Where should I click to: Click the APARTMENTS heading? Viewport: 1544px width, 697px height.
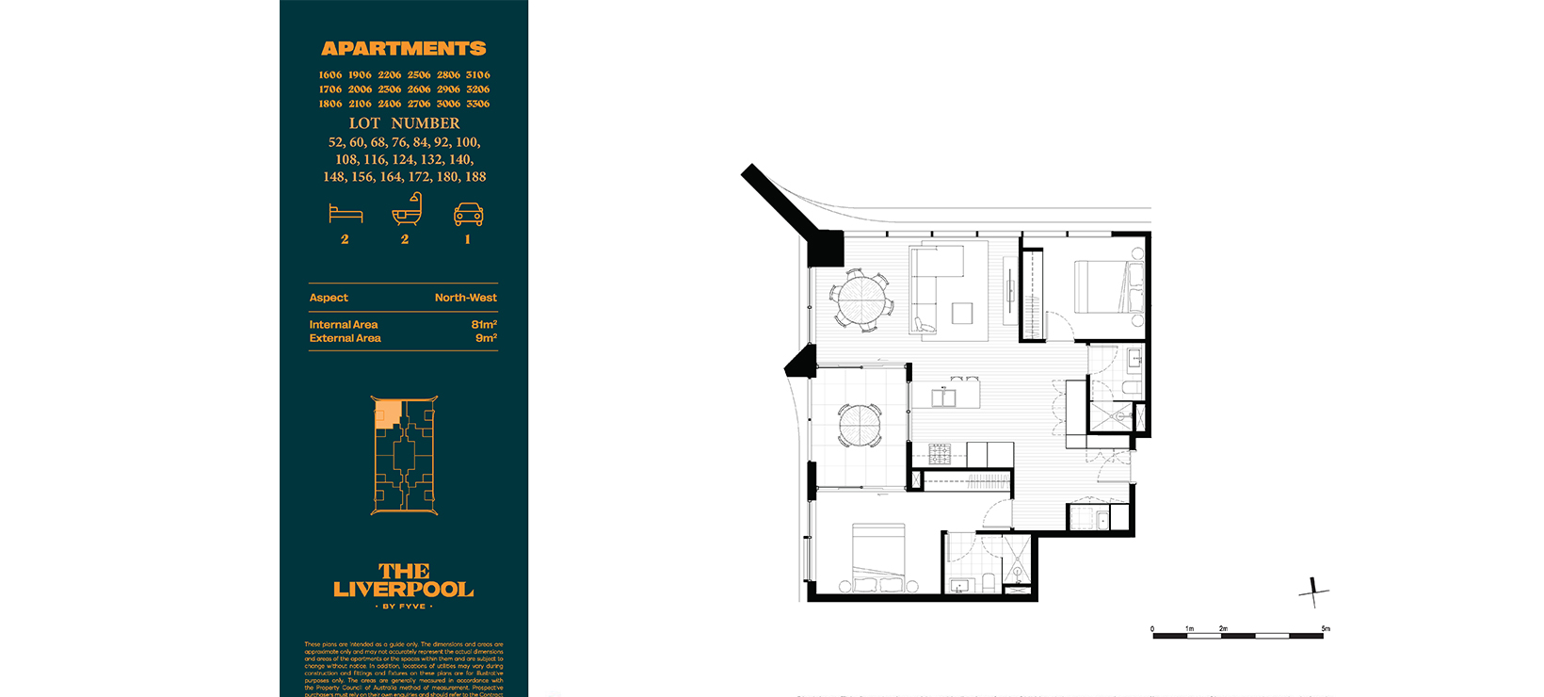pos(403,48)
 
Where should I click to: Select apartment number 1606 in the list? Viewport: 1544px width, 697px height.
pos(330,74)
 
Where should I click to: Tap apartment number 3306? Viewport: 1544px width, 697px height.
pos(477,104)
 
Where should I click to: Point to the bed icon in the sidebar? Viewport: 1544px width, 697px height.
pos(346,214)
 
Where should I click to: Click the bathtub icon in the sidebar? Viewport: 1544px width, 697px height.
pos(406,209)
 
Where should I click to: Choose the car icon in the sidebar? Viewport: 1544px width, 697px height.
pos(468,214)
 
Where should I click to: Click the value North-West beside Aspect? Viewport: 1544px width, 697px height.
pos(465,298)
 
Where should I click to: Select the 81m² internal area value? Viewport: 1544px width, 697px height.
pos(484,324)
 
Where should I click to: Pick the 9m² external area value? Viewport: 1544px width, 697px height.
pos(486,338)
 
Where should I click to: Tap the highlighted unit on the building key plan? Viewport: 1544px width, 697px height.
pos(387,414)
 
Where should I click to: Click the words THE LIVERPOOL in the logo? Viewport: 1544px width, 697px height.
pos(403,580)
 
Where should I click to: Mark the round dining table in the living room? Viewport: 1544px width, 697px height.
pos(861,301)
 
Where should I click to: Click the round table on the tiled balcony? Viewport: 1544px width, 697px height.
pos(860,426)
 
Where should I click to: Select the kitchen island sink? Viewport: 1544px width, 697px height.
pos(943,397)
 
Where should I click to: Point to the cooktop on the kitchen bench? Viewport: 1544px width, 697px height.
pos(940,454)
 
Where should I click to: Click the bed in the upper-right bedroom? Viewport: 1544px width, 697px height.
pos(1107,286)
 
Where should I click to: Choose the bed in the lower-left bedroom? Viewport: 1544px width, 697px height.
pos(878,558)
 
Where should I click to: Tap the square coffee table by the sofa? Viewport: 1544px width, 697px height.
pos(962,313)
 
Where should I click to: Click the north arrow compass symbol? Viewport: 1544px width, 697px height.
pos(1313,592)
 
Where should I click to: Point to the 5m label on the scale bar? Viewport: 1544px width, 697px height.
pos(1325,628)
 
